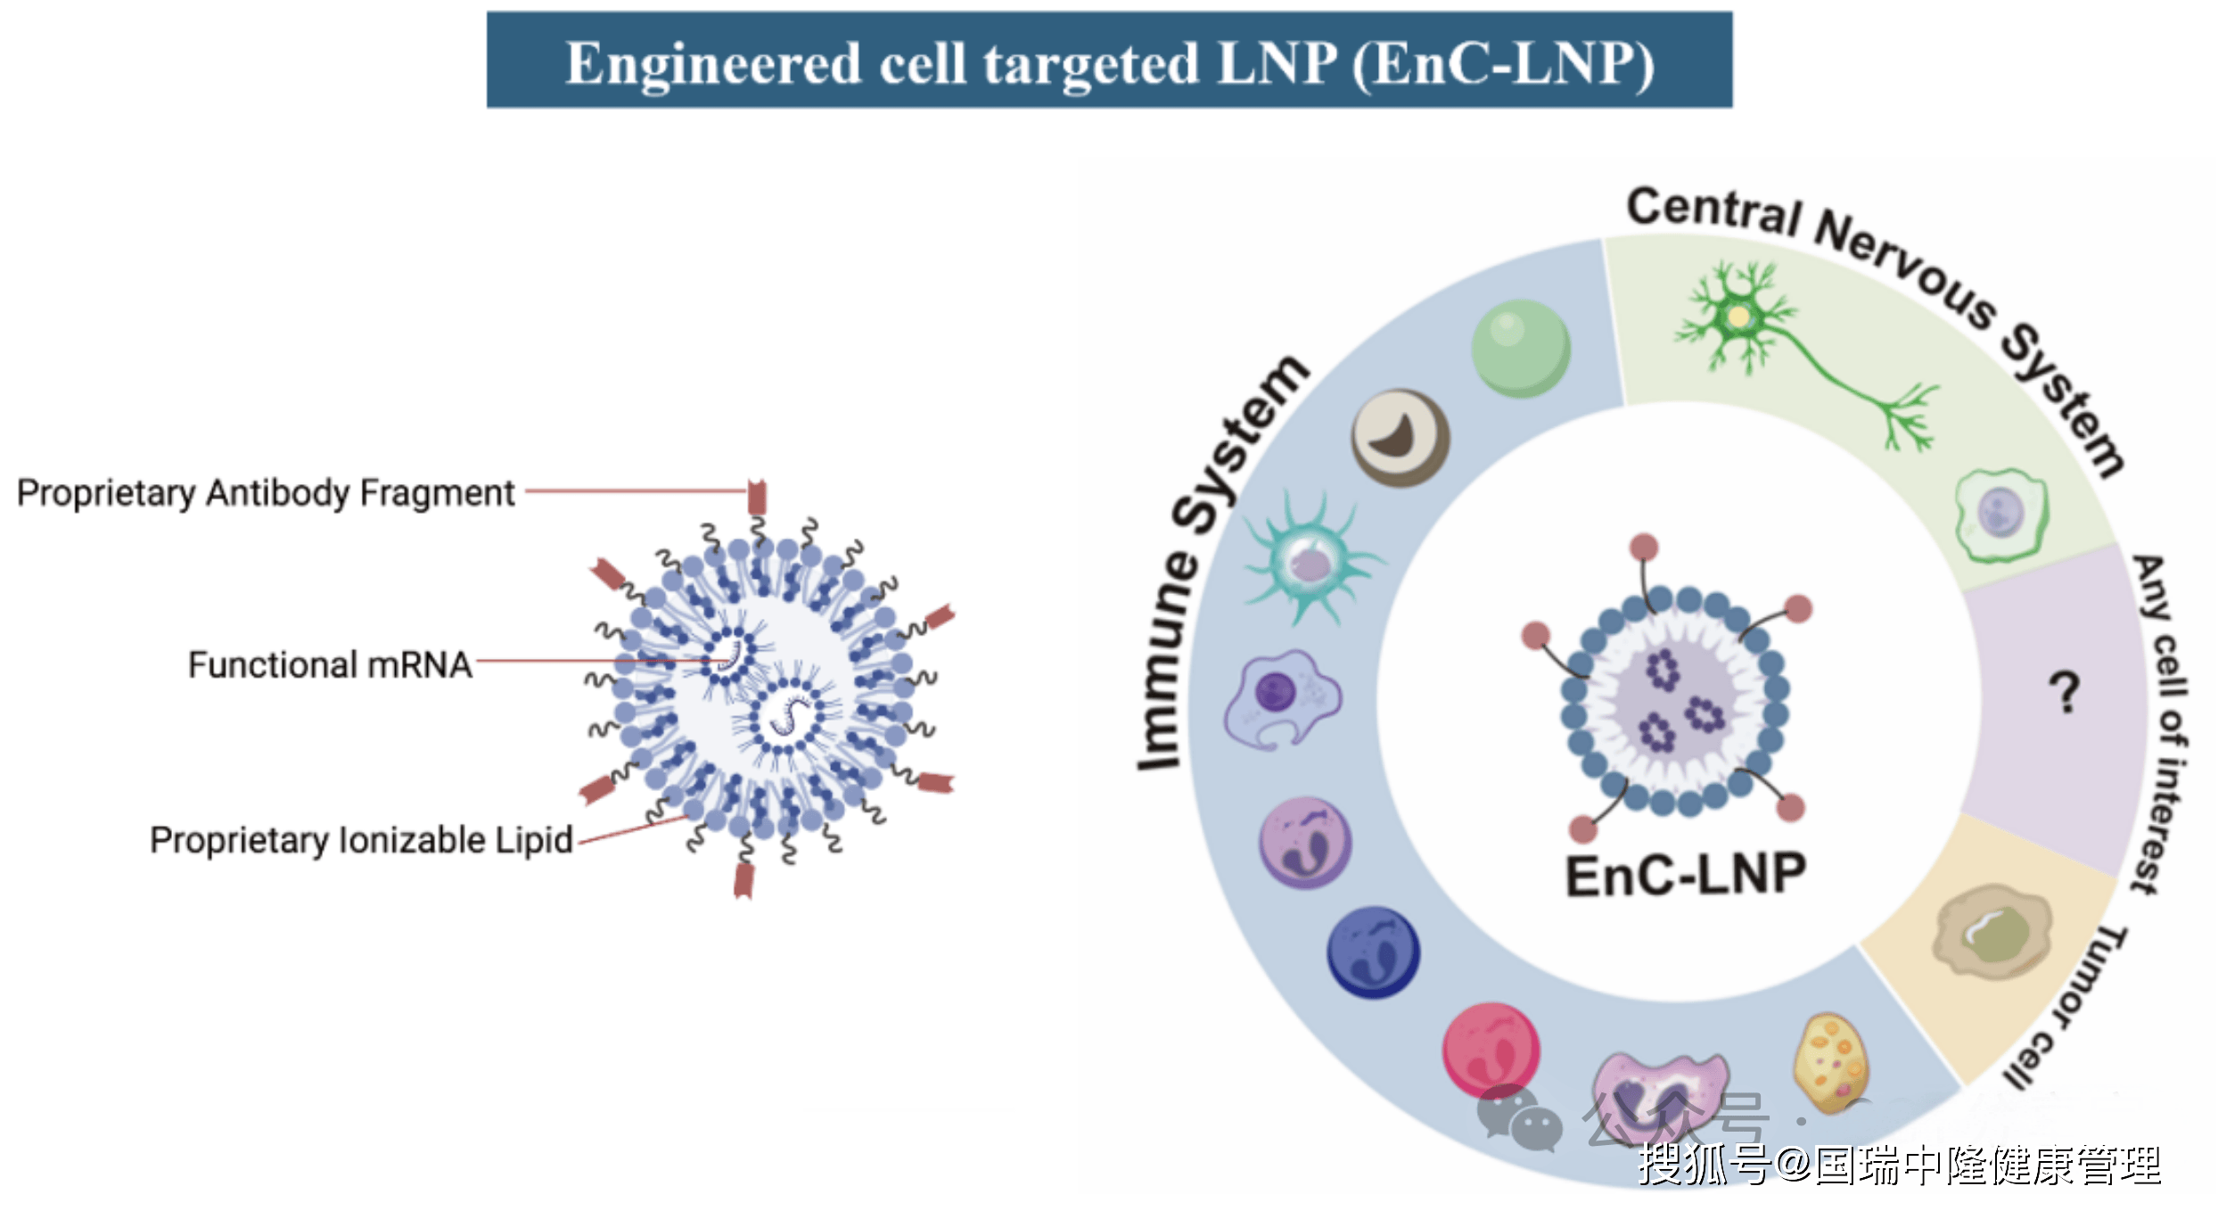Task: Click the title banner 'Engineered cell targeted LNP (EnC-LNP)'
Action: click(1109, 61)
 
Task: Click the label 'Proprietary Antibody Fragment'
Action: click(266, 493)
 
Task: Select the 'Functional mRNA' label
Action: click(330, 665)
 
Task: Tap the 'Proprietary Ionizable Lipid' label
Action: click(361, 840)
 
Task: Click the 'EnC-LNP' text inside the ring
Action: click(1686, 876)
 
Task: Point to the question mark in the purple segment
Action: click(2064, 692)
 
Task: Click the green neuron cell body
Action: click(1738, 317)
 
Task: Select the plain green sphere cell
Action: click(1521, 349)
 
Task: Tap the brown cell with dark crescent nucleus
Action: click(1401, 438)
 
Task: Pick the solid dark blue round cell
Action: click(1373, 952)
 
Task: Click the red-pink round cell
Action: click(1491, 1050)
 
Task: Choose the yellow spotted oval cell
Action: click(1830, 1061)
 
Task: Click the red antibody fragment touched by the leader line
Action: click(757, 496)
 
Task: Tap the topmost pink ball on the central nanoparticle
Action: click(1643, 547)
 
